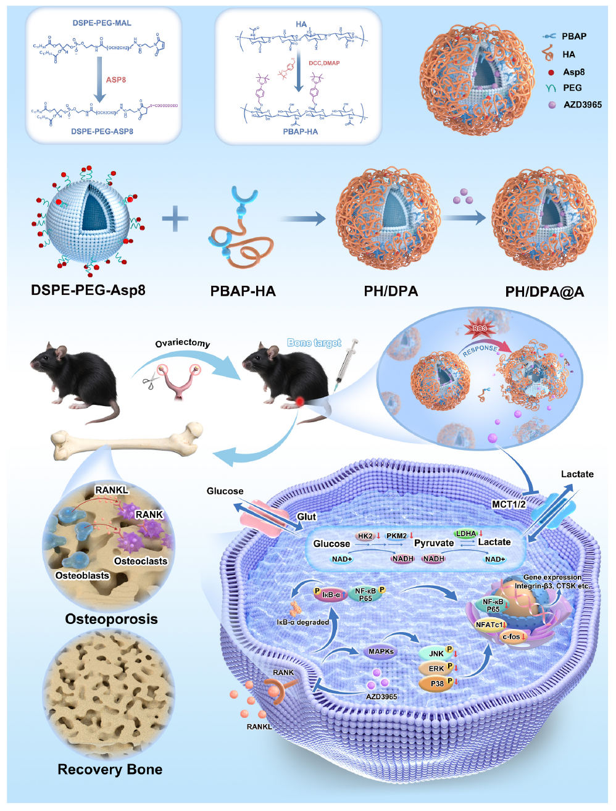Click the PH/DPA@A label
[x=544, y=292]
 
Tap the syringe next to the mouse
[x=345, y=364]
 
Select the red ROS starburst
[x=479, y=328]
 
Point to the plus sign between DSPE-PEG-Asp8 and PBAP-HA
[x=175, y=218]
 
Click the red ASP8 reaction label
[x=116, y=80]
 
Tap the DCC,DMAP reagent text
[x=324, y=63]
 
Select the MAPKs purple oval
[x=381, y=652]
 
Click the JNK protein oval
[x=436, y=654]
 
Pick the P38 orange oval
[x=437, y=683]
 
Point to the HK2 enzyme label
[x=365, y=536]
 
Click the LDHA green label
[x=466, y=534]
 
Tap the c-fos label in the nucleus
[x=512, y=636]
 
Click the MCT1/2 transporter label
[x=509, y=504]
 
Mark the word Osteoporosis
[x=111, y=619]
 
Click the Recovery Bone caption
[x=110, y=770]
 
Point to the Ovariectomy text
[x=182, y=343]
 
